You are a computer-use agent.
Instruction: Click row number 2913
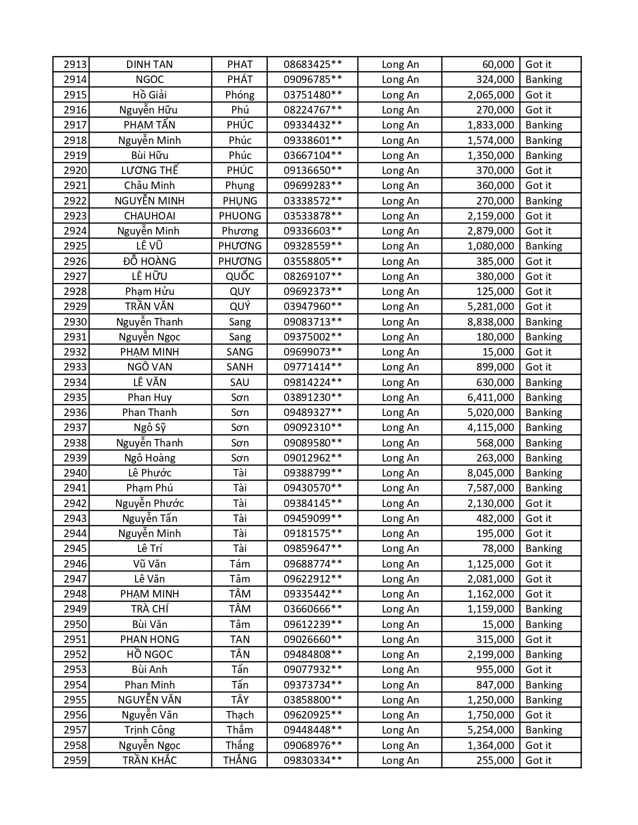click(75, 64)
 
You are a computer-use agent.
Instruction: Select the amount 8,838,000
click(490, 322)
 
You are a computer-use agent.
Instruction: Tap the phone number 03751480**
click(313, 95)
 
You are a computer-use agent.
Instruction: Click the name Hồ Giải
click(150, 95)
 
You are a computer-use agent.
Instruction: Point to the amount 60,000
click(498, 64)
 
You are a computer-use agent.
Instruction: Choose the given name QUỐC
click(240, 276)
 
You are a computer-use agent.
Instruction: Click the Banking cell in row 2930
click(543, 322)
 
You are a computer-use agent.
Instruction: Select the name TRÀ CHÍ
click(150, 609)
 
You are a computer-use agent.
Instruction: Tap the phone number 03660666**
click(313, 609)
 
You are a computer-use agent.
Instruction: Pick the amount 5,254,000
click(490, 730)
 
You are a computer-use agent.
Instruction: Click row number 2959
click(75, 760)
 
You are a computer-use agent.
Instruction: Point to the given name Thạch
click(240, 715)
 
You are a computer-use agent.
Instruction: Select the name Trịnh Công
click(150, 730)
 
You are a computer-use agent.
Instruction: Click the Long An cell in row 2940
click(400, 473)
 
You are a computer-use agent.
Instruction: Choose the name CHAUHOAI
click(150, 216)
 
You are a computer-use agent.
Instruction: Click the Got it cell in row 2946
click(538, 564)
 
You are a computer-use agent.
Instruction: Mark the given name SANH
click(240, 367)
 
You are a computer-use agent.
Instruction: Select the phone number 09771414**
click(313, 367)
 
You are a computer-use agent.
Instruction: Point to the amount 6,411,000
click(490, 397)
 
